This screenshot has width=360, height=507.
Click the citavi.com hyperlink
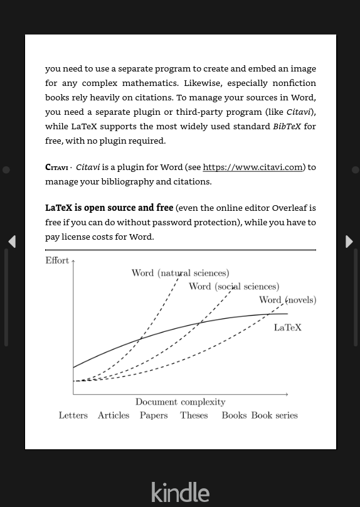coord(252,168)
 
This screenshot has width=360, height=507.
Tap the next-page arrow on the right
coord(349,242)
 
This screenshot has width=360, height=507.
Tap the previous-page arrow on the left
coord(11,242)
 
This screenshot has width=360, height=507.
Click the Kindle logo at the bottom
coord(180,492)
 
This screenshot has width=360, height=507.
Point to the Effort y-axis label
coord(57,260)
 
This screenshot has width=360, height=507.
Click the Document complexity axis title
coord(180,402)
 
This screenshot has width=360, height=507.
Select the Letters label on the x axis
coord(73,415)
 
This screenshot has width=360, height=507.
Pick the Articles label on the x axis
coord(114,415)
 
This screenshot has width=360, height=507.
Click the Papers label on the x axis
coord(154,415)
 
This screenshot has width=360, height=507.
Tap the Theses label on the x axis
coord(194,415)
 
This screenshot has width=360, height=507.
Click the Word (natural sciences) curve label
coord(180,273)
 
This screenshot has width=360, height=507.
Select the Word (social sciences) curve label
coord(234,287)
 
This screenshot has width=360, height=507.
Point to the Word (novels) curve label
coord(287,300)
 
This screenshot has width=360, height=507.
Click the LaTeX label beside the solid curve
coord(288,328)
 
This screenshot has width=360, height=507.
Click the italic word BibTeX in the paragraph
coord(287,126)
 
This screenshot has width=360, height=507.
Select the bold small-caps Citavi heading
coord(56,168)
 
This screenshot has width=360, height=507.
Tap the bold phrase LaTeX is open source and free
coord(109,208)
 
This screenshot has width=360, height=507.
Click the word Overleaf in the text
coord(289,208)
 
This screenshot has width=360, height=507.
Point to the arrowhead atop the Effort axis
coord(73,261)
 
